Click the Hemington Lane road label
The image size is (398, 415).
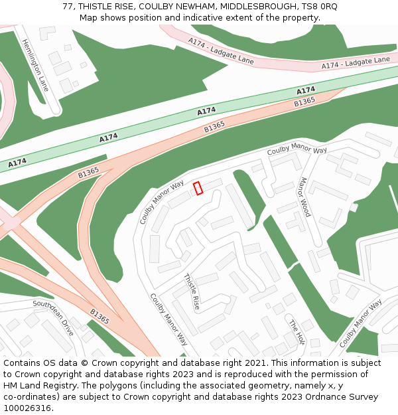[35, 64]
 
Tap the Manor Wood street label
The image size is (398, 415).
[304, 197]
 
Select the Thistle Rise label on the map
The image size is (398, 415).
[192, 293]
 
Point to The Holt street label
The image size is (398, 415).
[297, 331]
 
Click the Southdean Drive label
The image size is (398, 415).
[54, 317]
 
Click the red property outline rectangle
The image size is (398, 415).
[198, 188]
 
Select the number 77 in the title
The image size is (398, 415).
[68, 6]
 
